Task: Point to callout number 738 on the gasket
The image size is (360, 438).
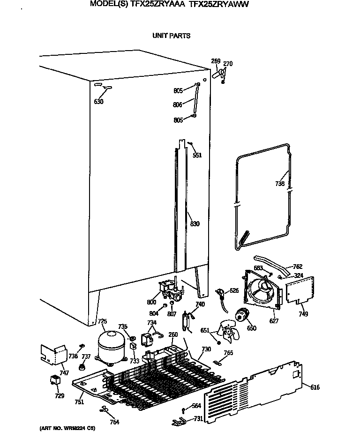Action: [x=280, y=184]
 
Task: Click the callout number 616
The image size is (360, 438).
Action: [x=315, y=386]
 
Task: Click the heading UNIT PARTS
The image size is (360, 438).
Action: [x=172, y=36]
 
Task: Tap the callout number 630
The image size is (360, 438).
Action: [x=98, y=102]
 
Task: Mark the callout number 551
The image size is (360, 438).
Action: [x=197, y=155]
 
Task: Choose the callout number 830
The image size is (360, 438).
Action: [x=195, y=224]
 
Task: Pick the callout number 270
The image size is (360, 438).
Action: [x=228, y=64]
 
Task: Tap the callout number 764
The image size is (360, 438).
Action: [x=114, y=422]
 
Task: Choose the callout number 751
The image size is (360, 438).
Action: [x=79, y=401]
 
